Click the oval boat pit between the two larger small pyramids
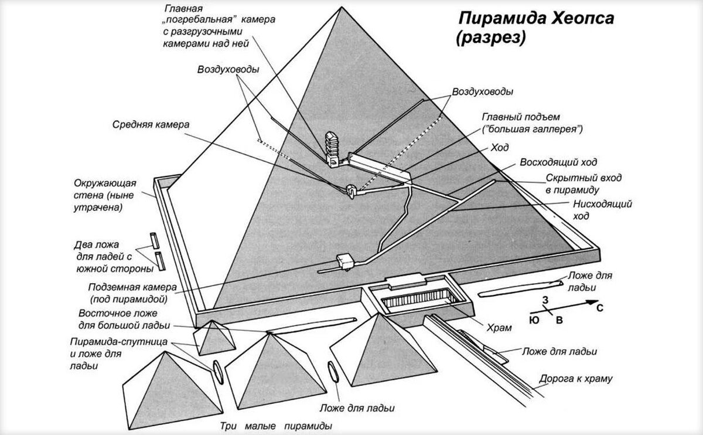point(333,373)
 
